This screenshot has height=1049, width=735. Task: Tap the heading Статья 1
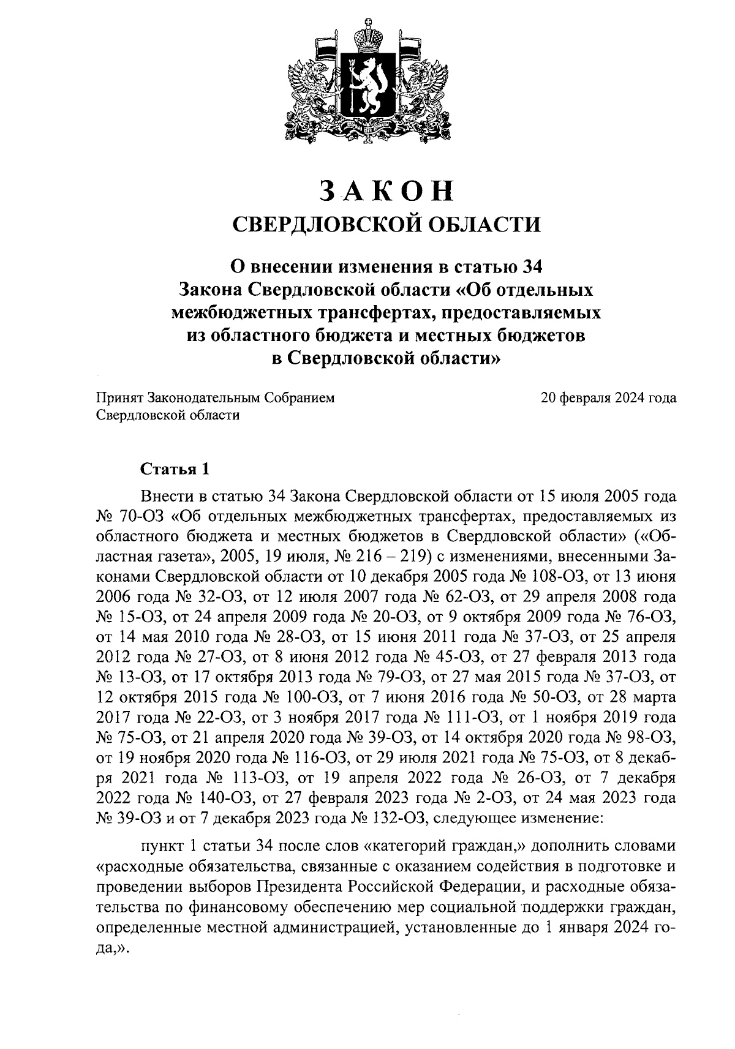[176, 470]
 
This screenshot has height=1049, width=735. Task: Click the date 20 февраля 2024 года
[608, 399]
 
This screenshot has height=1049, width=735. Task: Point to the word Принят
[119, 399]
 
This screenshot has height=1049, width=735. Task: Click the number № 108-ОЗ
[550, 576]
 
